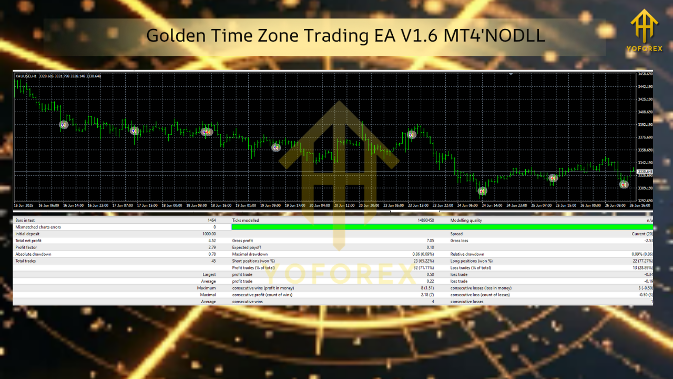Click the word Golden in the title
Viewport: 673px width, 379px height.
pyautogui.click(x=171, y=36)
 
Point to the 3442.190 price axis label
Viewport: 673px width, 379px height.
pyautogui.click(x=645, y=86)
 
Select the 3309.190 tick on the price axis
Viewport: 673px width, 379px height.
pyautogui.click(x=645, y=188)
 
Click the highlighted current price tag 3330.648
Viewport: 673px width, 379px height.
pyautogui.click(x=645, y=172)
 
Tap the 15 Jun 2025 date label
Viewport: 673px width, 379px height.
pyautogui.click(x=23, y=205)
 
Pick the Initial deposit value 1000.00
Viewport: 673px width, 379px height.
pyautogui.click(x=209, y=234)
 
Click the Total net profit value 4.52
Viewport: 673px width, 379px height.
pyautogui.click(x=212, y=241)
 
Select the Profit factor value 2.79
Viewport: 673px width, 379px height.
pyautogui.click(x=212, y=247)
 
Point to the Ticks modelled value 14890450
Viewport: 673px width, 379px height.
pyautogui.click(x=425, y=221)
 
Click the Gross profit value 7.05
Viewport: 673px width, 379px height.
pyautogui.click(x=430, y=241)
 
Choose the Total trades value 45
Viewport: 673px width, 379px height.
pyautogui.click(x=213, y=261)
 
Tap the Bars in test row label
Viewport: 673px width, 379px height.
pyautogui.click(x=25, y=221)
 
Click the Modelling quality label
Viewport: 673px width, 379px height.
pyautogui.click(x=466, y=221)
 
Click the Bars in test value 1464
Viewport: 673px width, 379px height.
pyautogui.click(x=211, y=221)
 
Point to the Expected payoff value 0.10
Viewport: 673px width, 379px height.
pyautogui.click(x=430, y=247)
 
